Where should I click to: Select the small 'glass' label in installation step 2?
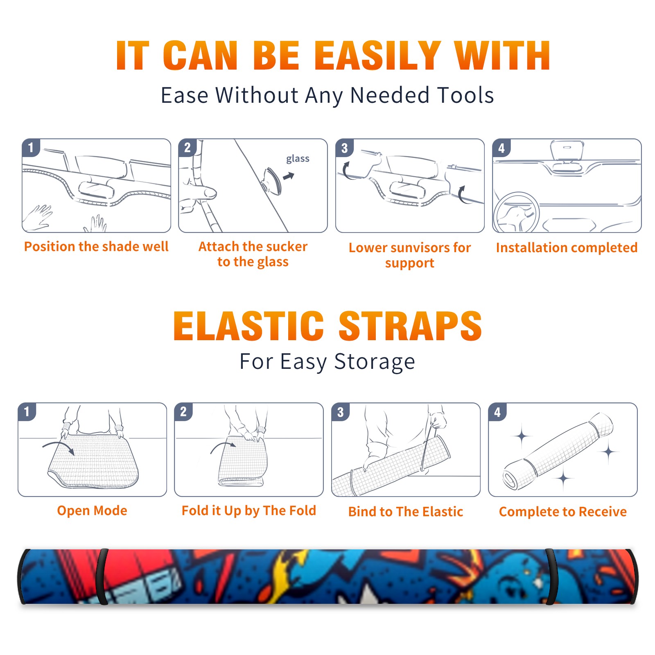pos(298,159)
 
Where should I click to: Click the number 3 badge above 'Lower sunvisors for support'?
pos(345,148)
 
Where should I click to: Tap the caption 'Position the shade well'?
pos(96,246)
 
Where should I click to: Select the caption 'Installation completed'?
pos(567,247)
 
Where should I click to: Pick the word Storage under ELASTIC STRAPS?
pos(375,362)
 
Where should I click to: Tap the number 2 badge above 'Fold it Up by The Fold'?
pos(183,412)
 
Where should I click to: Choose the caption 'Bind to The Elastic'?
pos(406,512)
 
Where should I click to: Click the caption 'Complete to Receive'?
pos(563,512)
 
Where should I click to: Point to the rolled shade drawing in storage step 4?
pos(558,451)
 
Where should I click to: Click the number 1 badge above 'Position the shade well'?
pos(31,148)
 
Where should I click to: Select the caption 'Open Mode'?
pos(92,510)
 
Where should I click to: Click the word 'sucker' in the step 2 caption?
pos(286,246)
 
